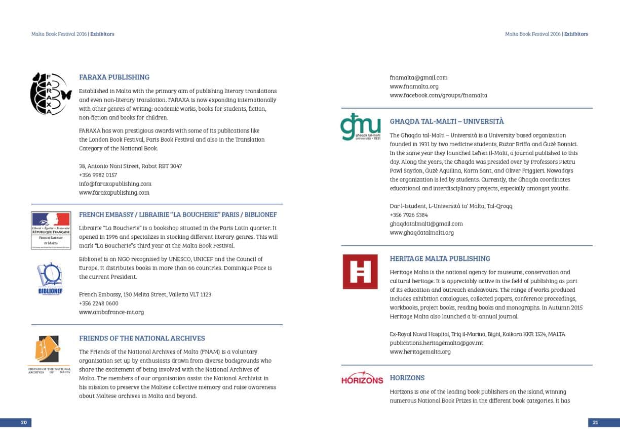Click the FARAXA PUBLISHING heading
pyautogui.click(x=114, y=77)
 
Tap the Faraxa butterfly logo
pyautogui.click(x=51, y=94)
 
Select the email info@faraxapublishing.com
pyautogui.click(x=115, y=184)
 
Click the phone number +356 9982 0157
pyautogui.click(x=98, y=175)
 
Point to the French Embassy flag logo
pyautogui.click(x=51, y=230)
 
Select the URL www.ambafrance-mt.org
pyautogui.click(x=111, y=312)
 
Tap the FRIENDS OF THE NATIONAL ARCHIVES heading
pyautogui.click(x=142, y=338)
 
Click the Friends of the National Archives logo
pyautogui.click(x=49, y=354)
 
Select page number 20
pyautogui.click(x=23, y=422)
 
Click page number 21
pyautogui.click(x=595, y=422)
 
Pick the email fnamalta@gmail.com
pyautogui.click(x=418, y=78)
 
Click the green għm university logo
pyautogui.click(x=360, y=126)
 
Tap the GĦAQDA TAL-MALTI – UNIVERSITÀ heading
pyautogui.click(x=446, y=122)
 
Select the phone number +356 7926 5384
pyautogui.click(x=408, y=215)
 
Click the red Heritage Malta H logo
pyautogui.click(x=360, y=272)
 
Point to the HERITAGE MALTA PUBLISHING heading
pyautogui.click(x=440, y=258)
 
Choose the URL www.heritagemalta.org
pyautogui.click(x=420, y=352)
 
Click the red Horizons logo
pyautogui.click(x=362, y=379)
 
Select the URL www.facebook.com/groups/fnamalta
pyautogui.click(x=438, y=96)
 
